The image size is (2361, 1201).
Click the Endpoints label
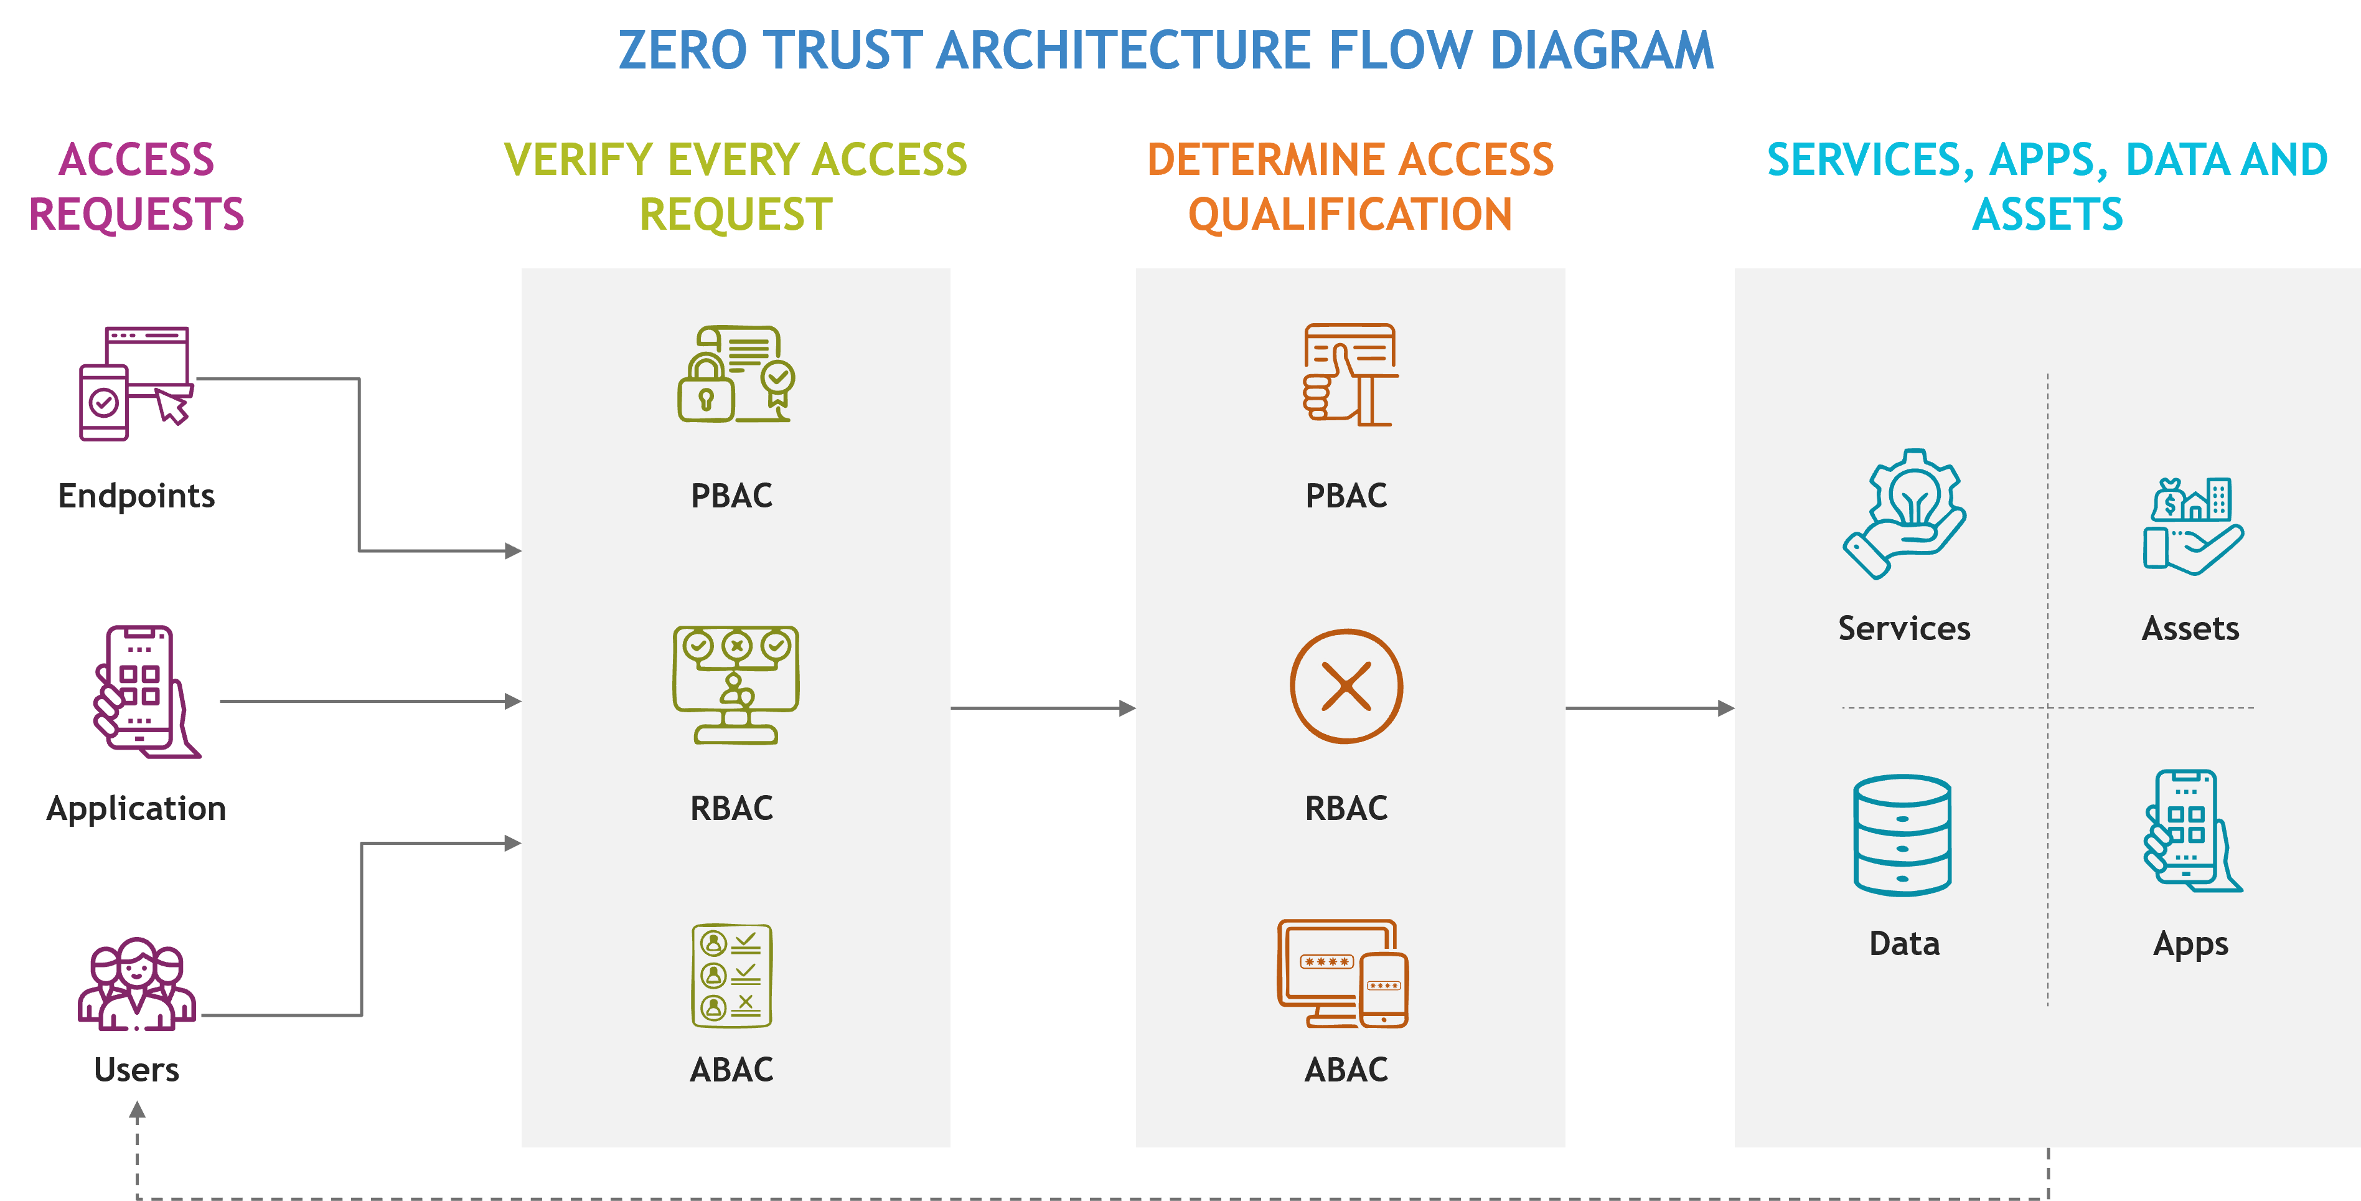[136, 496]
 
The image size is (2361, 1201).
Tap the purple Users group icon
[136, 984]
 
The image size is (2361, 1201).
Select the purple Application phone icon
[146, 691]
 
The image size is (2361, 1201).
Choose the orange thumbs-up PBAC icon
[1350, 374]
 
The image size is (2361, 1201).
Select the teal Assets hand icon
[2192, 526]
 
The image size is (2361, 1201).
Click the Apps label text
[2190, 945]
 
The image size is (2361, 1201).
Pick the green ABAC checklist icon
[731, 976]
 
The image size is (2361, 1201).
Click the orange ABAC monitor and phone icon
[1343, 974]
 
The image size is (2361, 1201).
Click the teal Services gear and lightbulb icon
[1903, 514]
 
